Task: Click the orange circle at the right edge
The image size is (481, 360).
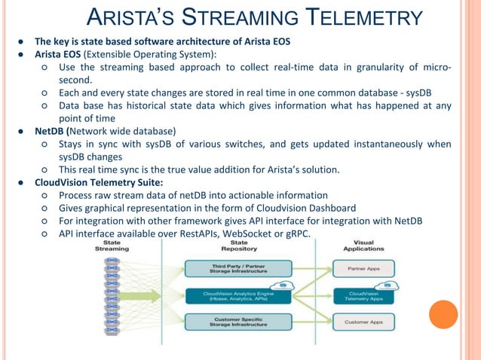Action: click(x=443, y=314)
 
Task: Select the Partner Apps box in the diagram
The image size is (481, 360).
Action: click(x=363, y=267)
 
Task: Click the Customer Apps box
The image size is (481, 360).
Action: click(x=363, y=322)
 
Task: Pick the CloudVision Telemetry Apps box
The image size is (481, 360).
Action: click(x=363, y=295)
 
